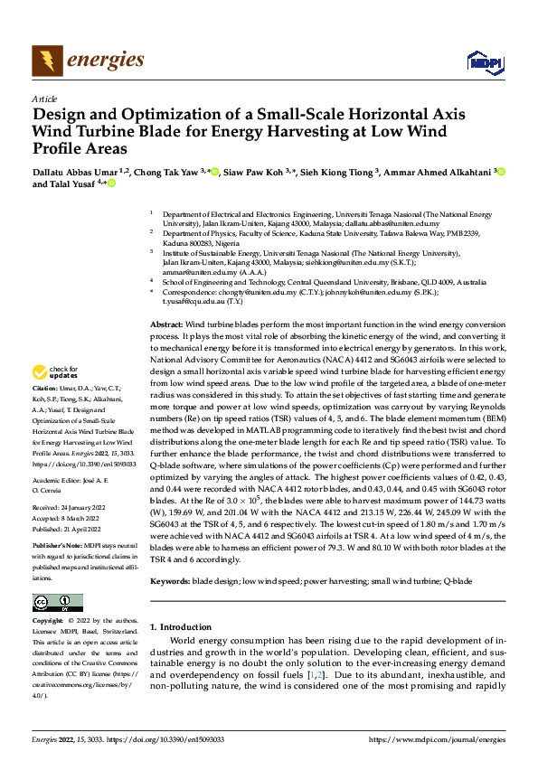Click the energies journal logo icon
coord(44,61)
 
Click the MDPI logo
coord(480,61)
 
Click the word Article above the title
coord(44,99)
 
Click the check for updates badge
coord(56,397)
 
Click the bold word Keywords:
coord(170,583)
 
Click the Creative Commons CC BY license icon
coord(57,603)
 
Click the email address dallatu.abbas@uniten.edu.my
coord(396,223)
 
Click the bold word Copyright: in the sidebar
coord(49,623)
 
